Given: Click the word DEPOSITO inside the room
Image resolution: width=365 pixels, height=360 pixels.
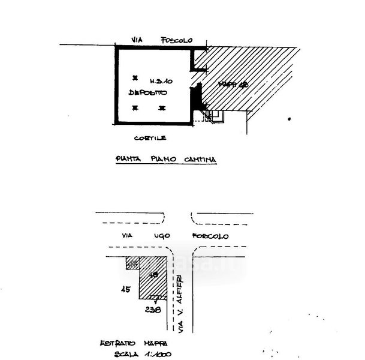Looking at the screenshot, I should (x=147, y=93).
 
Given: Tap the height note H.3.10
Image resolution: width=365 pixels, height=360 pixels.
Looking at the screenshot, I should (x=161, y=80).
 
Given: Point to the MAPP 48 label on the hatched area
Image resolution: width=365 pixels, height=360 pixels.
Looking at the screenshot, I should (x=233, y=85).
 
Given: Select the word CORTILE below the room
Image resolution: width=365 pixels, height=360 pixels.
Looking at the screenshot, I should (x=150, y=138).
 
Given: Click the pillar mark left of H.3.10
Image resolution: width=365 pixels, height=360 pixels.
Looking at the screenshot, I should (x=135, y=78).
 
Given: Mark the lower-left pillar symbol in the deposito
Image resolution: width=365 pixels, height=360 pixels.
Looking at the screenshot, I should (x=135, y=108).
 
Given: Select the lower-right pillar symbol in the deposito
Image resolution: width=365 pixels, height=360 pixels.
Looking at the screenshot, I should (x=161, y=108).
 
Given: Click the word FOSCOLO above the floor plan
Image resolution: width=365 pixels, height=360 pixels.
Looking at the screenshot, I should (x=176, y=40).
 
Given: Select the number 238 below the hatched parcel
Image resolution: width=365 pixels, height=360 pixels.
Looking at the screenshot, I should (x=153, y=310).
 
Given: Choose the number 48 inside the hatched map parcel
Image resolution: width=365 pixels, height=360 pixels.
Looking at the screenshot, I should (x=153, y=275).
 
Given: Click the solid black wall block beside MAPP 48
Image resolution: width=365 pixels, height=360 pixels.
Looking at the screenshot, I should (x=195, y=96).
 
